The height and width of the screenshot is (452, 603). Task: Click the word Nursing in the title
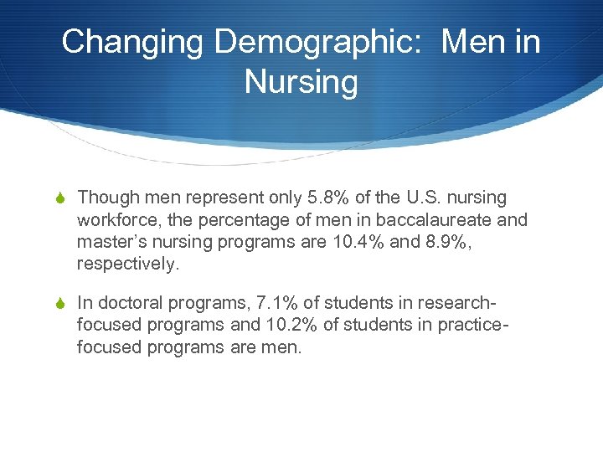coord(301,82)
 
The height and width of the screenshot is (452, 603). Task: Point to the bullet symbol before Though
coord(63,198)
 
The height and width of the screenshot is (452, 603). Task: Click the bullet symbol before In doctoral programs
coord(63,302)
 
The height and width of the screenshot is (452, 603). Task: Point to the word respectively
coord(128,264)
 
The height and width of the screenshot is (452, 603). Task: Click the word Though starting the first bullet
coord(107,198)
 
